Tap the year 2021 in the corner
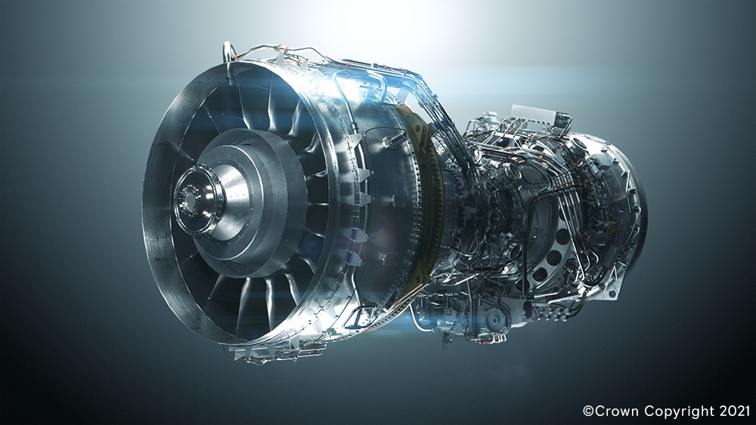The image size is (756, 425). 735,411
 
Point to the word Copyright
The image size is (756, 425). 680,412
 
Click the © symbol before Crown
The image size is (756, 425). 588,411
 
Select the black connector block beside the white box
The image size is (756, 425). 562,119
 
